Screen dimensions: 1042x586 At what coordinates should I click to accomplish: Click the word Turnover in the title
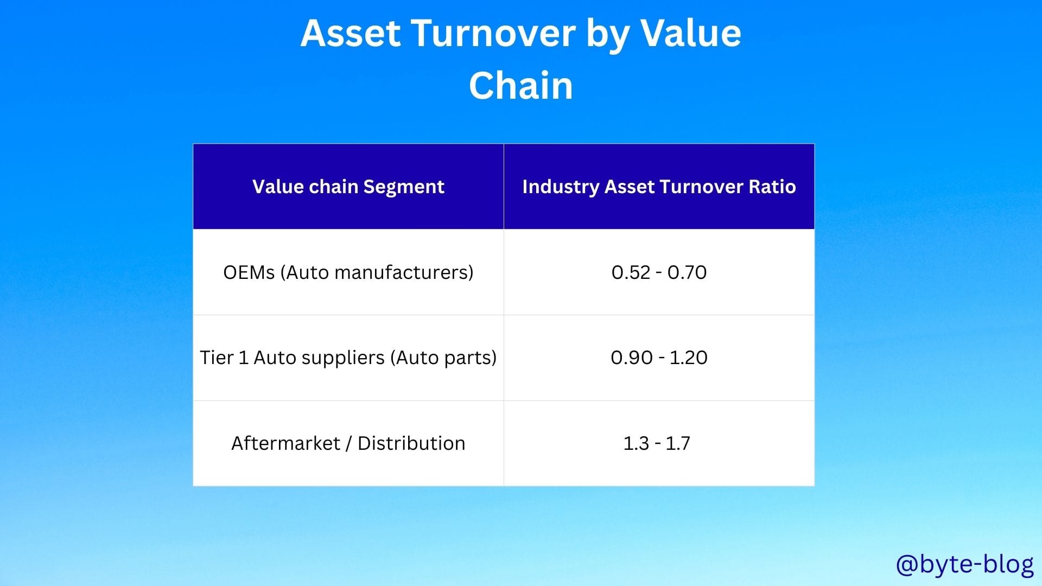495,33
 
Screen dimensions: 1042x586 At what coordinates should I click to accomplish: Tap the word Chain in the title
521,86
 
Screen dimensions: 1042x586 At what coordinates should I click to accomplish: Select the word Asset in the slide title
351,33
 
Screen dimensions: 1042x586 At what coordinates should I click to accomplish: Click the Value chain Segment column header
348,187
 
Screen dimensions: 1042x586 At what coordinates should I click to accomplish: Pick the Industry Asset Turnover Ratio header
659,187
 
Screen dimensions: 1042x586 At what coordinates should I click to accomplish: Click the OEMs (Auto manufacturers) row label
348,272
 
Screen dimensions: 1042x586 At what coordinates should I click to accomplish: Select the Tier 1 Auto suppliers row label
348,358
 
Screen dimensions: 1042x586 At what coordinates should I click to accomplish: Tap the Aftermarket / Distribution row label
348,443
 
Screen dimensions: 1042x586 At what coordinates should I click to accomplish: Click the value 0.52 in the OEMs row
631,272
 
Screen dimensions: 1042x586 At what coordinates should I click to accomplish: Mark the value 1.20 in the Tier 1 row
689,358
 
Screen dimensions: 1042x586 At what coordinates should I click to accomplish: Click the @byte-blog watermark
965,565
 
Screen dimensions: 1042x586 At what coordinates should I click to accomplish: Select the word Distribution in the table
411,443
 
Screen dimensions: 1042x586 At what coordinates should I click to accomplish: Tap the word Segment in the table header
404,187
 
